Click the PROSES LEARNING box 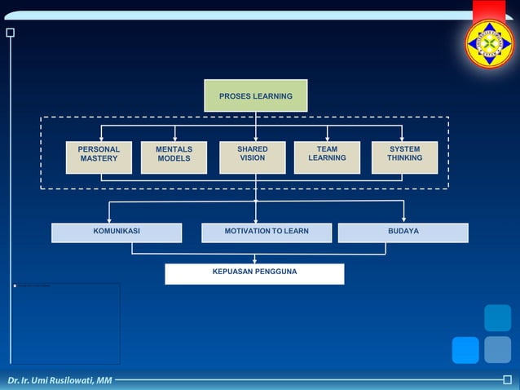pos(255,95)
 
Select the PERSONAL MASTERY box pos(99,157)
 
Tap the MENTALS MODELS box pos(174,157)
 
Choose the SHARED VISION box pos(252,157)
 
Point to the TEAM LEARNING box pos(327,157)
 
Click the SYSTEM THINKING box pos(404,157)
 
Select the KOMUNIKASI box pos(117,233)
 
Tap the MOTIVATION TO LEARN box pos(267,233)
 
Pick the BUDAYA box pos(403,233)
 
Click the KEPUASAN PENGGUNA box pos(254,273)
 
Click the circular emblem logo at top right pos(489,43)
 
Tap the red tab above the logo pos(488,10)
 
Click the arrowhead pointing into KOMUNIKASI pos(109,219)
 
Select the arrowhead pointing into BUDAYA pos(403,219)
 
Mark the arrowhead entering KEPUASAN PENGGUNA pos(255,260)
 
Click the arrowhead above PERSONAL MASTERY pos(101,138)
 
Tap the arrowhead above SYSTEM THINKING pos(402,138)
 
